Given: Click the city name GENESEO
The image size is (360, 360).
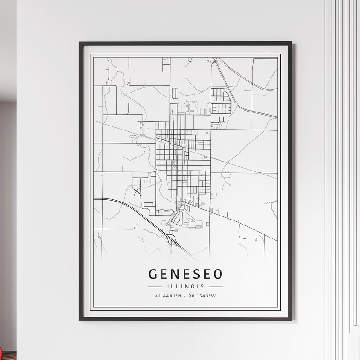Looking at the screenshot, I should (x=185, y=274).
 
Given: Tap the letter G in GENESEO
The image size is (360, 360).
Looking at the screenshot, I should (x=153, y=274).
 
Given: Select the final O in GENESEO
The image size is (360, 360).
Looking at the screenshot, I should (x=217, y=274).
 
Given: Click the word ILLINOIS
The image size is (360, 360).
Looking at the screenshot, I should (x=185, y=286).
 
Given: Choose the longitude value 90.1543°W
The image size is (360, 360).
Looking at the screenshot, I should (x=202, y=296).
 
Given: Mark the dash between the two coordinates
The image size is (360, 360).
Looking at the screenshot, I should (x=185, y=296).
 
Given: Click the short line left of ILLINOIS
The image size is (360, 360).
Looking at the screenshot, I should (x=155, y=286).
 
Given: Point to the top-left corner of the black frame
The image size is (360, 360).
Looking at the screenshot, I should (x=80, y=43).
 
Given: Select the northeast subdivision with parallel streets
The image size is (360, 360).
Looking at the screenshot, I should (x=220, y=101).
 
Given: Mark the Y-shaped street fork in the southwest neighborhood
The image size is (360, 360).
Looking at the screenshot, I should (x=137, y=190).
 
